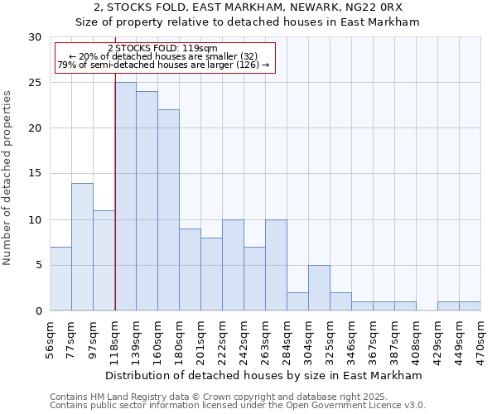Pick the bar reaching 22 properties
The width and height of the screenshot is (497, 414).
click(168, 210)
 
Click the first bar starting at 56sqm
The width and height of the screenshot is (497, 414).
click(60, 278)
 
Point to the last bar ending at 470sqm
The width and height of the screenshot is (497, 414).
click(470, 306)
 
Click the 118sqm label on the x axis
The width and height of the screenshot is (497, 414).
click(114, 339)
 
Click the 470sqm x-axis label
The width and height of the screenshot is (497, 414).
click(481, 339)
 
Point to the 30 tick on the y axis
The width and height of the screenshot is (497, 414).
click(35, 37)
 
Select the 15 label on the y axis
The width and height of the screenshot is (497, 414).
click(35, 174)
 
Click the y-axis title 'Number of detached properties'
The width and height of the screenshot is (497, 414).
click(9, 174)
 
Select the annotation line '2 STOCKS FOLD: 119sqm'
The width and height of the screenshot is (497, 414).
click(162, 48)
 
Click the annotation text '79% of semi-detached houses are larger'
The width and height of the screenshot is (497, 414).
click(163, 65)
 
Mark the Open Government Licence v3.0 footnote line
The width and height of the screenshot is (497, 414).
click(238, 405)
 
